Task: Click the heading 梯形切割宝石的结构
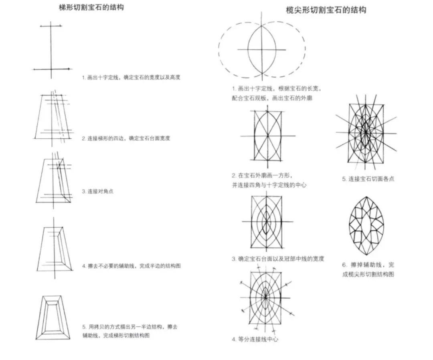coord(91,7)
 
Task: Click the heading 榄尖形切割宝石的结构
coord(326,10)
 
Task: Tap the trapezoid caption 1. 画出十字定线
coord(131,77)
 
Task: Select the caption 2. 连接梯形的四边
coord(126,138)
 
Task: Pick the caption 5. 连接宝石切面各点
coord(368,179)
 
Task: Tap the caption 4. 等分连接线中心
coord(255,339)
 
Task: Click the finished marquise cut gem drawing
coord(366,225)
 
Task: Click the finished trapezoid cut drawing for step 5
coord(54,318)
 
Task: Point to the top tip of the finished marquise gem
coord(366,197)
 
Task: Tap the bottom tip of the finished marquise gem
coord(366,255)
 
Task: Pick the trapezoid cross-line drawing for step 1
coord(51,49)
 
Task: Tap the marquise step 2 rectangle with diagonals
coord(267,135)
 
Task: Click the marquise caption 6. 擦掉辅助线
coord(368,269)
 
